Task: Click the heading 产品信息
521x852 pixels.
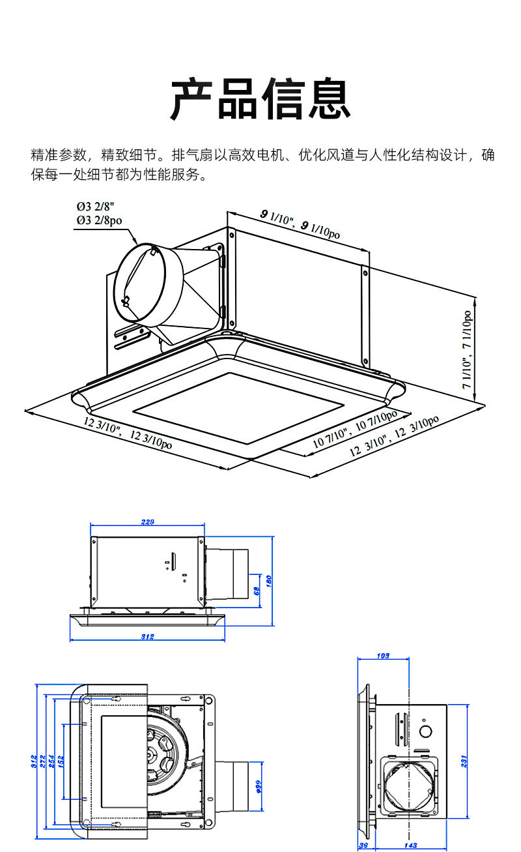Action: [x=260, y=99]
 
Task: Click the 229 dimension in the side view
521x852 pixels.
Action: [x=148, y=522]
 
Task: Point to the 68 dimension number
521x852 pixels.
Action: [x=257, y=591]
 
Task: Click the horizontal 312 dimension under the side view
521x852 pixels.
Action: [x=148, y=637]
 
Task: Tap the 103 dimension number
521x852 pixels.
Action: [x=383, y=656]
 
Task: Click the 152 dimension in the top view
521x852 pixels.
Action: [x=60, y=761]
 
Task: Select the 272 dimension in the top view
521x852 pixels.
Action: [x=43, y=761]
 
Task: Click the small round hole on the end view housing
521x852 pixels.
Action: [x=426, y=731]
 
